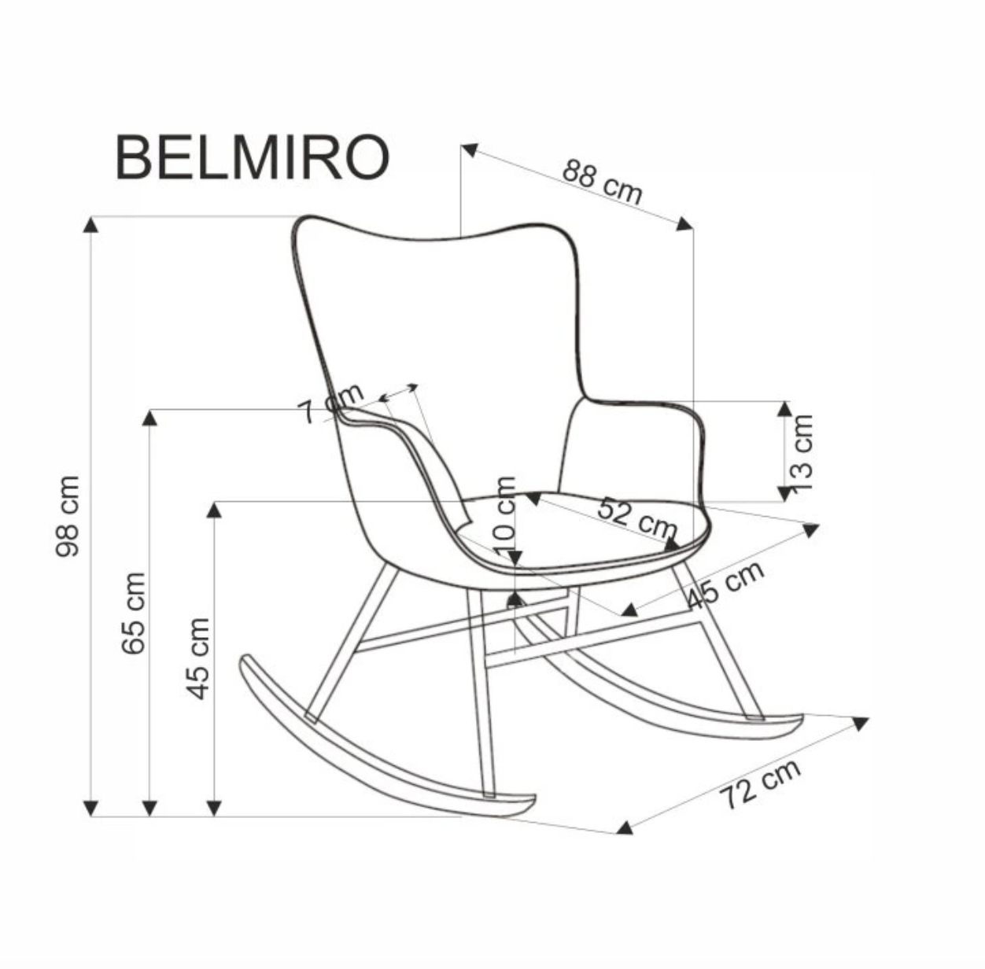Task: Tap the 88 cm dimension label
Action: (602, 182)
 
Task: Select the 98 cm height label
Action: (68, 516)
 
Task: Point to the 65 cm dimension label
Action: (134, 613)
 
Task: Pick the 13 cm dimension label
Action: (800, 452)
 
